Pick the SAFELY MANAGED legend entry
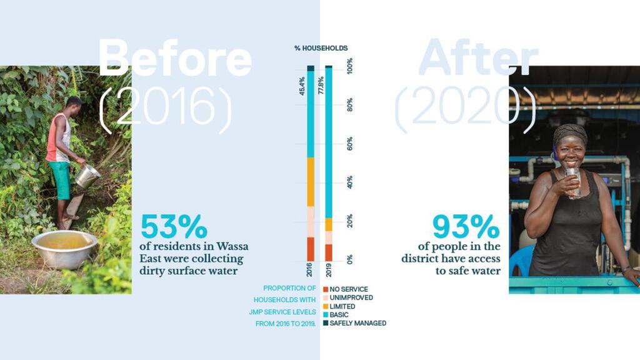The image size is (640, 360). [354, 323]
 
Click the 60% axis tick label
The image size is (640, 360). [350, 144]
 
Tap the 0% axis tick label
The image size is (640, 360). [350, 257]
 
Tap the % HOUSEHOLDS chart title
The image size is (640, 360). [321, 48]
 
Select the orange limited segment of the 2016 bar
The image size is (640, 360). [310, 181]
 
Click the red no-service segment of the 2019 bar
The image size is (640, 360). [329, 252]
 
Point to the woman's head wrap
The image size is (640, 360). [570, 133]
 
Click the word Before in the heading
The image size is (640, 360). [175, 57]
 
